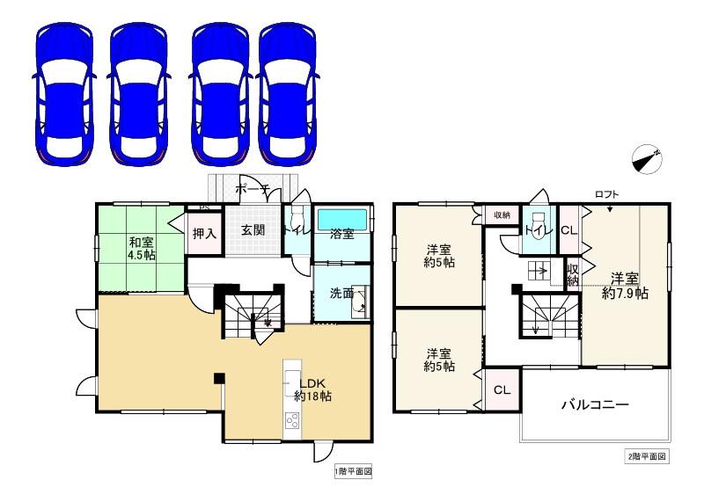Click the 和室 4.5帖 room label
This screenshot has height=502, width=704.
(142, 249)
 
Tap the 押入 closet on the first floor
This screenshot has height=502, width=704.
(205, 233)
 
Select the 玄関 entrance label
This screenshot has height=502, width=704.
(253, 230)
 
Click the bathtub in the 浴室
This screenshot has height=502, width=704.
(342, 220)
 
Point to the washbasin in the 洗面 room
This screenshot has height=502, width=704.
(360, 302)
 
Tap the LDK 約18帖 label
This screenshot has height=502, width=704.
(312, 389)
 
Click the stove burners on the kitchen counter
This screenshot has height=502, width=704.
(292, 422)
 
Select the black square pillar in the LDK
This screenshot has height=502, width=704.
(219, 378)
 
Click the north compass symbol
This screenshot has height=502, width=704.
(647, 159)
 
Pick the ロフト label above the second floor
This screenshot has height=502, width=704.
(607, 194)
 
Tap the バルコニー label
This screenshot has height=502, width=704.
(595, 405)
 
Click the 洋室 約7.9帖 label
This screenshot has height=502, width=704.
(625, 286)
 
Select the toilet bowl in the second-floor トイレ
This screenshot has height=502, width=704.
(538, 222)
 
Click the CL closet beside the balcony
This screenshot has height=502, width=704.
(502, 389)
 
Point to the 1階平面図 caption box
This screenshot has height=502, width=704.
(354, 471)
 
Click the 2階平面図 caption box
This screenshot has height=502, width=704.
(647, 456)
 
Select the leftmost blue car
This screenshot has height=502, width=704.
(63, 95)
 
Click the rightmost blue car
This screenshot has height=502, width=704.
(288, 95)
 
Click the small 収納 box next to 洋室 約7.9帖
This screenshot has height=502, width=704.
(573, 274)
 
